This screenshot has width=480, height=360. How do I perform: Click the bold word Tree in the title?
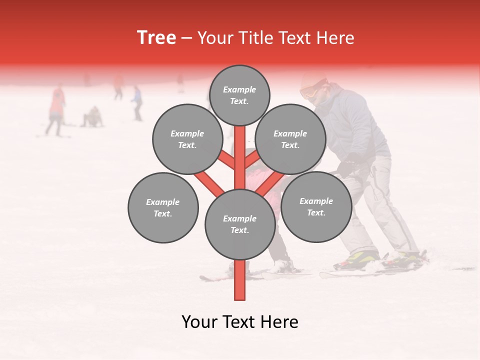point(156,38)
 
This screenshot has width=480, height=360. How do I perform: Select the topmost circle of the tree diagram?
point(239,95)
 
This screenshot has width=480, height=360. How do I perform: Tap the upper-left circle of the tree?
point(187,139)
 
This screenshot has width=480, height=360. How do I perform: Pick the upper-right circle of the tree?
point(290,139)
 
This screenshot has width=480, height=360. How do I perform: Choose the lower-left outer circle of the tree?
point(163,208)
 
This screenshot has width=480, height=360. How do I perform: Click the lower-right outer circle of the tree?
point(316,207)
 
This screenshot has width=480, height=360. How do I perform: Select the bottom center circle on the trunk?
point(240,224)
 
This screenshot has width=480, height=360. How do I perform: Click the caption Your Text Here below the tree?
point(240,322)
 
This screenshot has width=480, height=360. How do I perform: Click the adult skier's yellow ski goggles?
point(308,92)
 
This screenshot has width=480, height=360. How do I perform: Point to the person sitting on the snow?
point(93,117)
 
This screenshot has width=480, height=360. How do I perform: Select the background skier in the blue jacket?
point(137,102)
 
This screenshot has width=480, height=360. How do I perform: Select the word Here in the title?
point(337,38)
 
